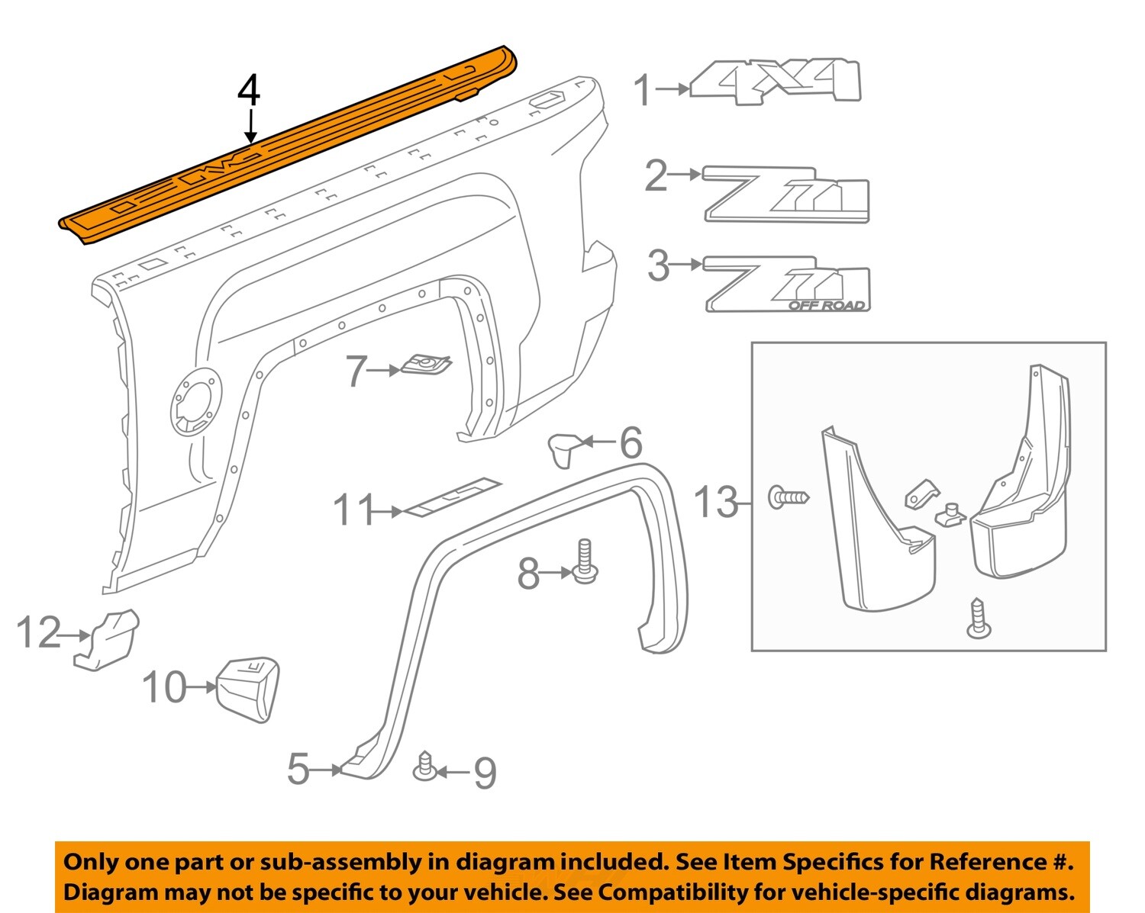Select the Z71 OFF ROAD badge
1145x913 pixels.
(x=786, y=285)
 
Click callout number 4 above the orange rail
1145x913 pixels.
(x=249, y=91)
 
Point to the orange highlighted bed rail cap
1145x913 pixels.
(x=290, y=145)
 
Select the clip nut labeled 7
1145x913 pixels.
(x=426, y=365)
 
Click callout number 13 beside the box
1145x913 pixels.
(x=716, y=503)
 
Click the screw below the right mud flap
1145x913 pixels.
(x=978, y=619)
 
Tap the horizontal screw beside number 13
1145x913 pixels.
(x=789, y=498)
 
